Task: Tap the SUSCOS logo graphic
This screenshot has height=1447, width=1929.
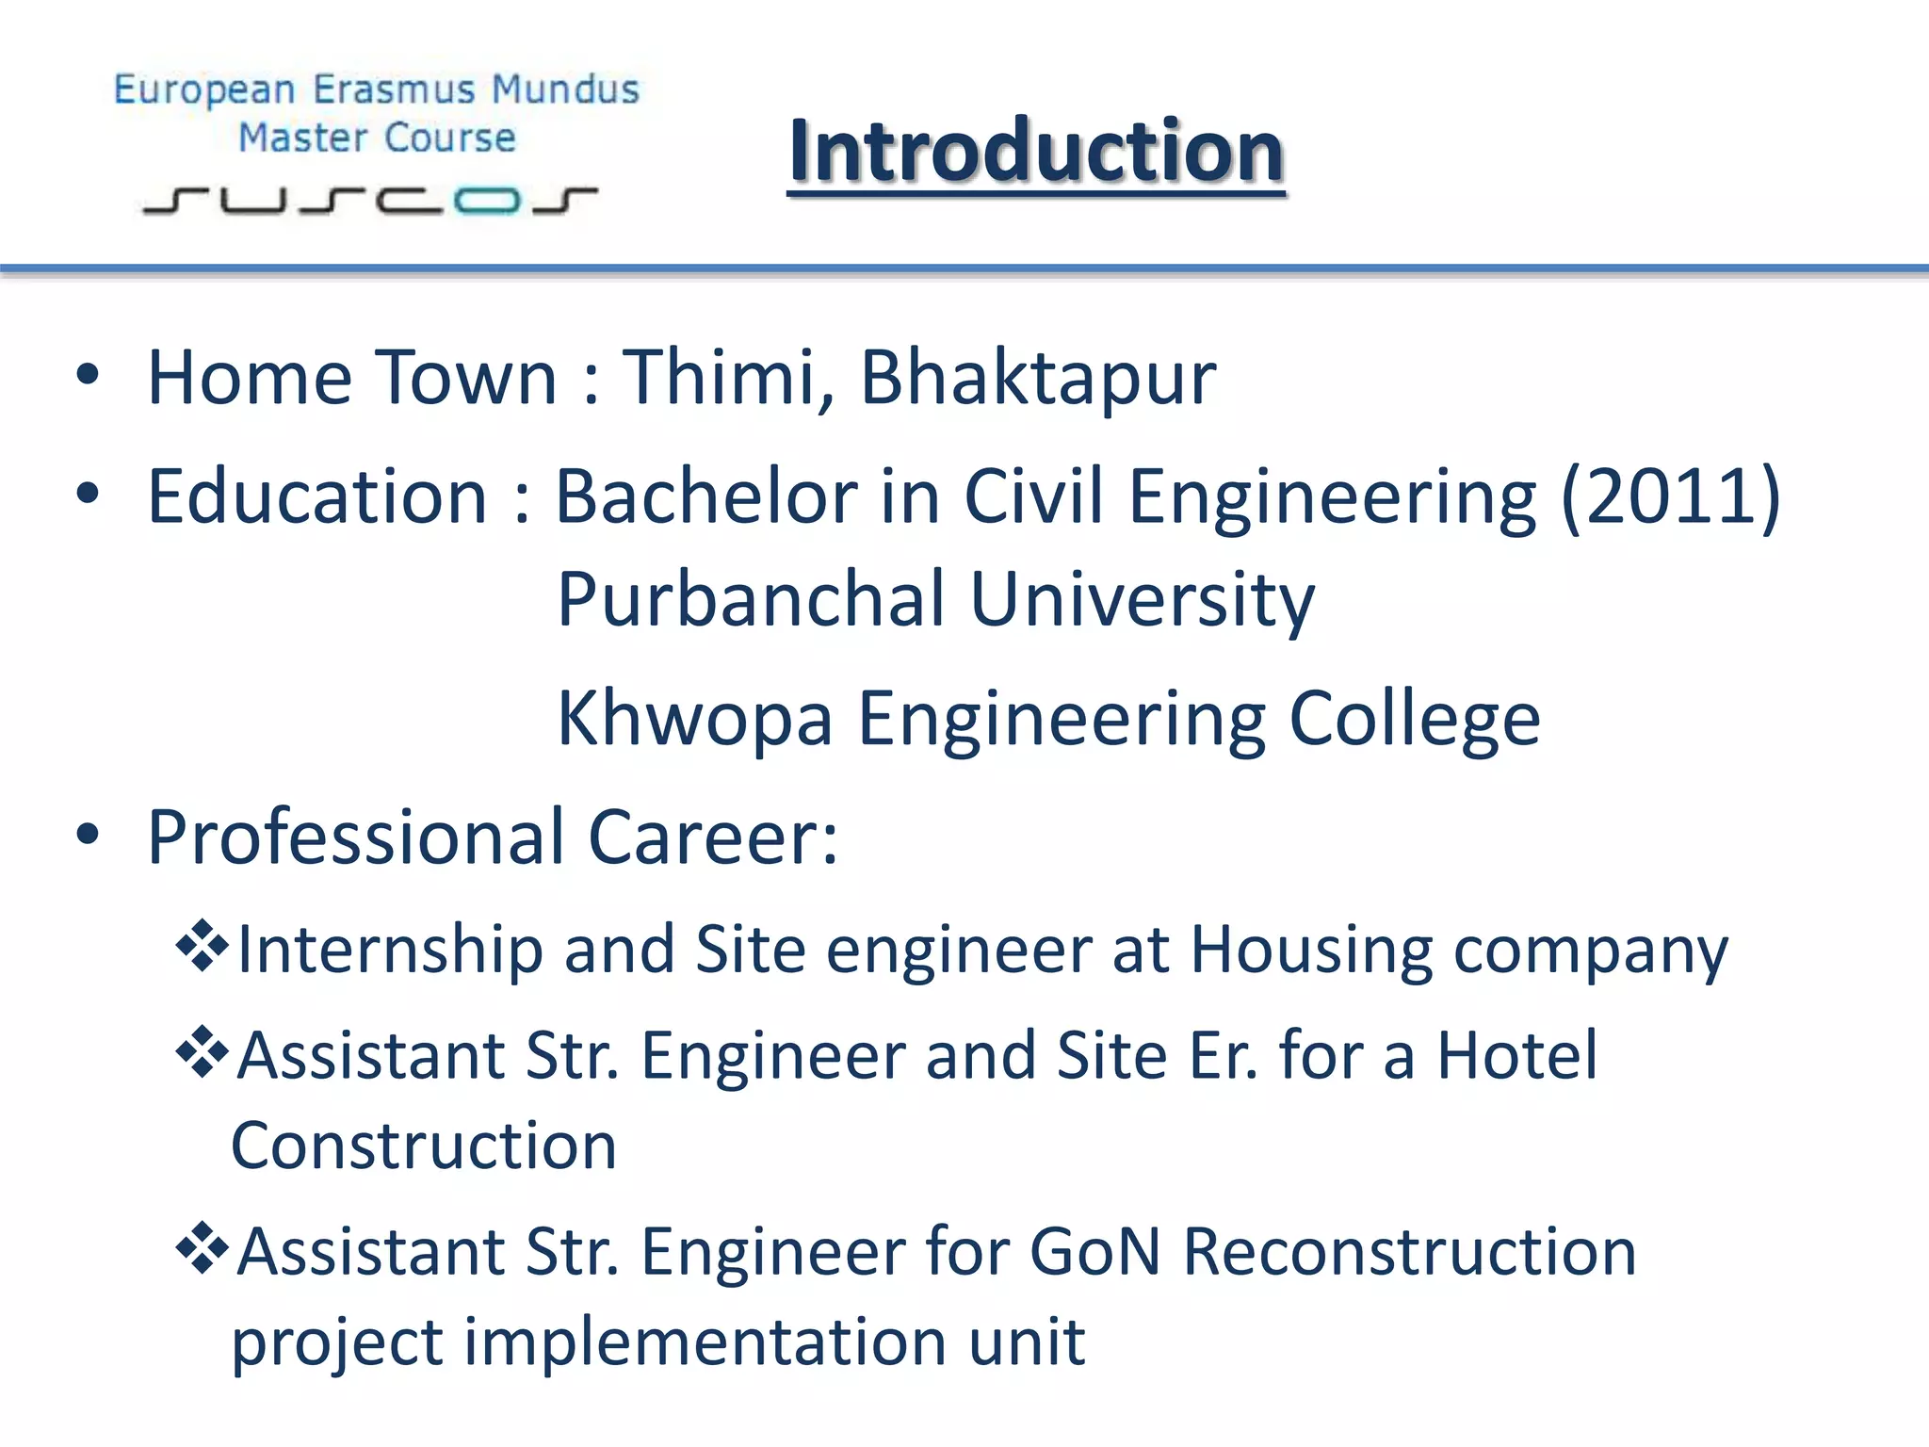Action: [370, 200]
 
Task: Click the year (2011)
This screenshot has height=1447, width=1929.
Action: [1670, 496]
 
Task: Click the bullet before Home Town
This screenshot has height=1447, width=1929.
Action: [88, 376]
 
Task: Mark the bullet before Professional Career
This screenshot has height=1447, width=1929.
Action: [88, 835]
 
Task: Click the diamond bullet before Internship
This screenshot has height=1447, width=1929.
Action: [203, 946]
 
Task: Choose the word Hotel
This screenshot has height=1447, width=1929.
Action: [1516, 1055]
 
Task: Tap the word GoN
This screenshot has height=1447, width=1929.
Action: [1094, 1252]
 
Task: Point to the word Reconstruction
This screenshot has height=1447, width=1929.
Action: [1409, 1252]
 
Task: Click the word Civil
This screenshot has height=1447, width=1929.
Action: [1032, 496]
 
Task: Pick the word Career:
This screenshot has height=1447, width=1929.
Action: [713, 837]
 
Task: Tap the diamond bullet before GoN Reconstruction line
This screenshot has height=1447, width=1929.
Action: [203, 1248]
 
